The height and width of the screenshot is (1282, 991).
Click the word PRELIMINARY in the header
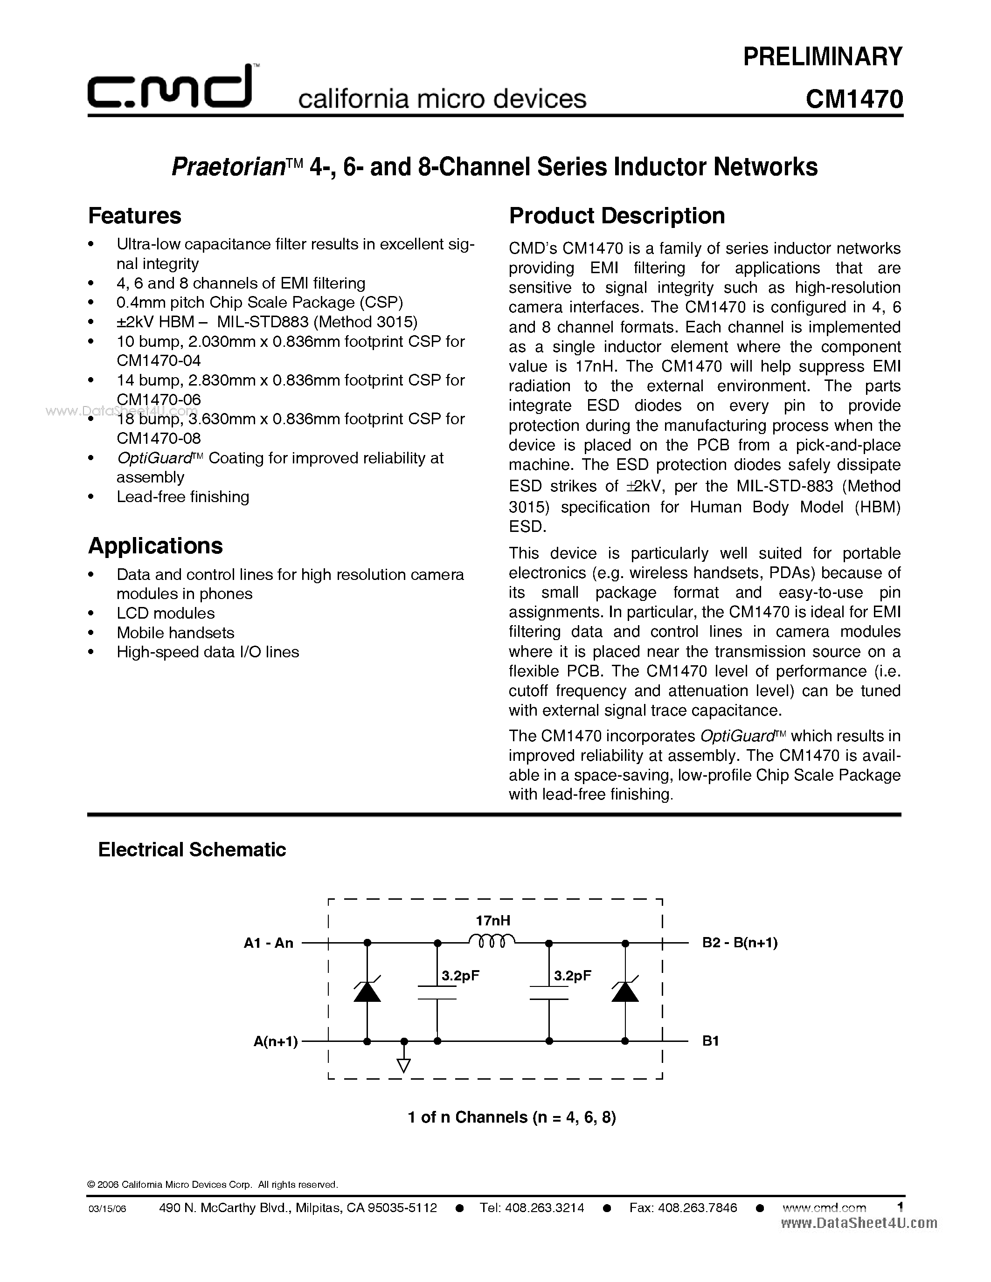(x=823, y=56)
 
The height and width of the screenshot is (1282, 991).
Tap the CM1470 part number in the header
(x=853, y=99)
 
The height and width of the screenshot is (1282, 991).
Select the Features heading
(x=134, y=216)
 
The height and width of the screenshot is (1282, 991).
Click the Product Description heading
(x=617, y=216)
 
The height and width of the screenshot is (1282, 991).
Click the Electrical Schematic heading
(x=192, y=849)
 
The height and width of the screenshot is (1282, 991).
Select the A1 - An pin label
(x=268, y=943)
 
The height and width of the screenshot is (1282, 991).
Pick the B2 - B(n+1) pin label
(x=740, y=943)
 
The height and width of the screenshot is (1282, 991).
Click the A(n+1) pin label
(x=275, y=1041)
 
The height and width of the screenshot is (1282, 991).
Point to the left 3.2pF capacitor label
(x=460, y=976)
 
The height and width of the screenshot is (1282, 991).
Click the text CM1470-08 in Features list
(x=159, y=439)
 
